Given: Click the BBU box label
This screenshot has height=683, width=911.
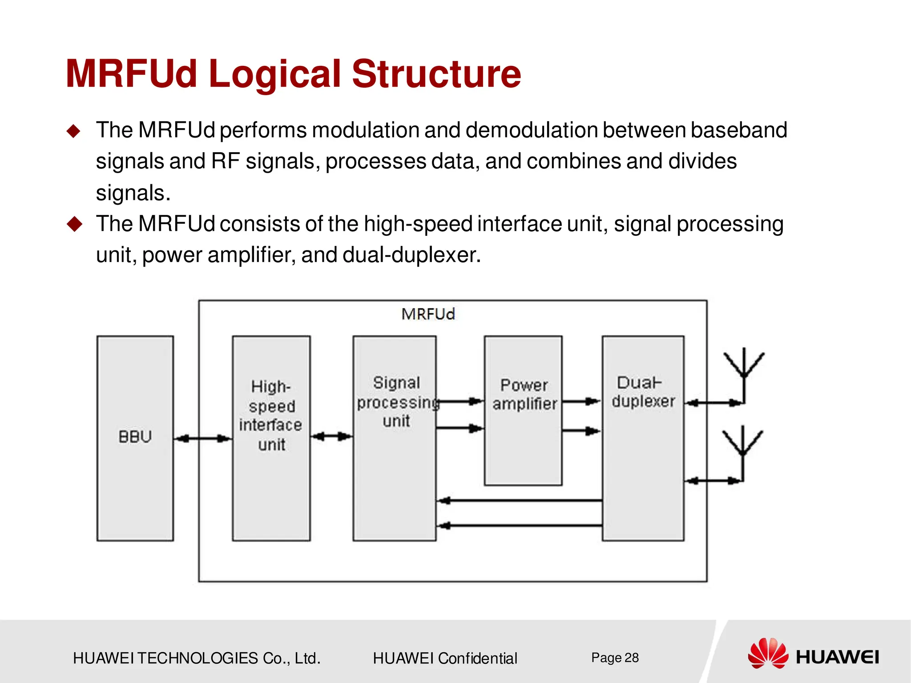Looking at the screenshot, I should pyautogui.click(x=135, y=437).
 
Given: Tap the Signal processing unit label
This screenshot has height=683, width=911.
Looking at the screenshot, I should pyautogui.click(x=396, y=402).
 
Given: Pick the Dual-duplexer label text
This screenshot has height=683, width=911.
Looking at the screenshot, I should pyautogui.click(x=643, y=392).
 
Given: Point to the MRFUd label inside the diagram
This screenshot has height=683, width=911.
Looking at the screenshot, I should pyautogui.click(x=428, y=314).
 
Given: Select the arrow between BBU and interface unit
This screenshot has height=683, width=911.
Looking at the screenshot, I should pyautogui.click(x=203, y=439).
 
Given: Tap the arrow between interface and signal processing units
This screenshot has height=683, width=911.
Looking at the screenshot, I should pyautogui.click(x=332, y=436).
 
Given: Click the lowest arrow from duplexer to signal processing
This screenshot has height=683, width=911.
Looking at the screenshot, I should pyautogui.click(x=519, y=526).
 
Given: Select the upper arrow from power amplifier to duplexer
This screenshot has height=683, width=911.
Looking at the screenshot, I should pyautogui.click(x=581, y=402).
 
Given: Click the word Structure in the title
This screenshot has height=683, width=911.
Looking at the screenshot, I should pyautogui.click(x=436, y=74).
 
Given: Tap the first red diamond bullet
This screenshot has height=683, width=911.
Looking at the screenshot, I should pyautogui.click(x=74, y=131).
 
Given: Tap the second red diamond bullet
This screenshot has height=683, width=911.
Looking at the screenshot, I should pyautogui.click(x=74, y=224).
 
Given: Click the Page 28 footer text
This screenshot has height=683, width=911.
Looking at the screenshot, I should pyautogui.click(x=615, y=658).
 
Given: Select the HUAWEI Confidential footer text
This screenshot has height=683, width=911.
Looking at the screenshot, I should pyautogui.click(x=445, y=658).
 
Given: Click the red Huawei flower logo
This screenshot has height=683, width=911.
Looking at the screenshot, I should pyautogui.click(x=768, y=653).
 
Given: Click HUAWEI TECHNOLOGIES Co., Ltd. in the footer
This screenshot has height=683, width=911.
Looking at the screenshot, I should pyautogui.click(x=197, y=658).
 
